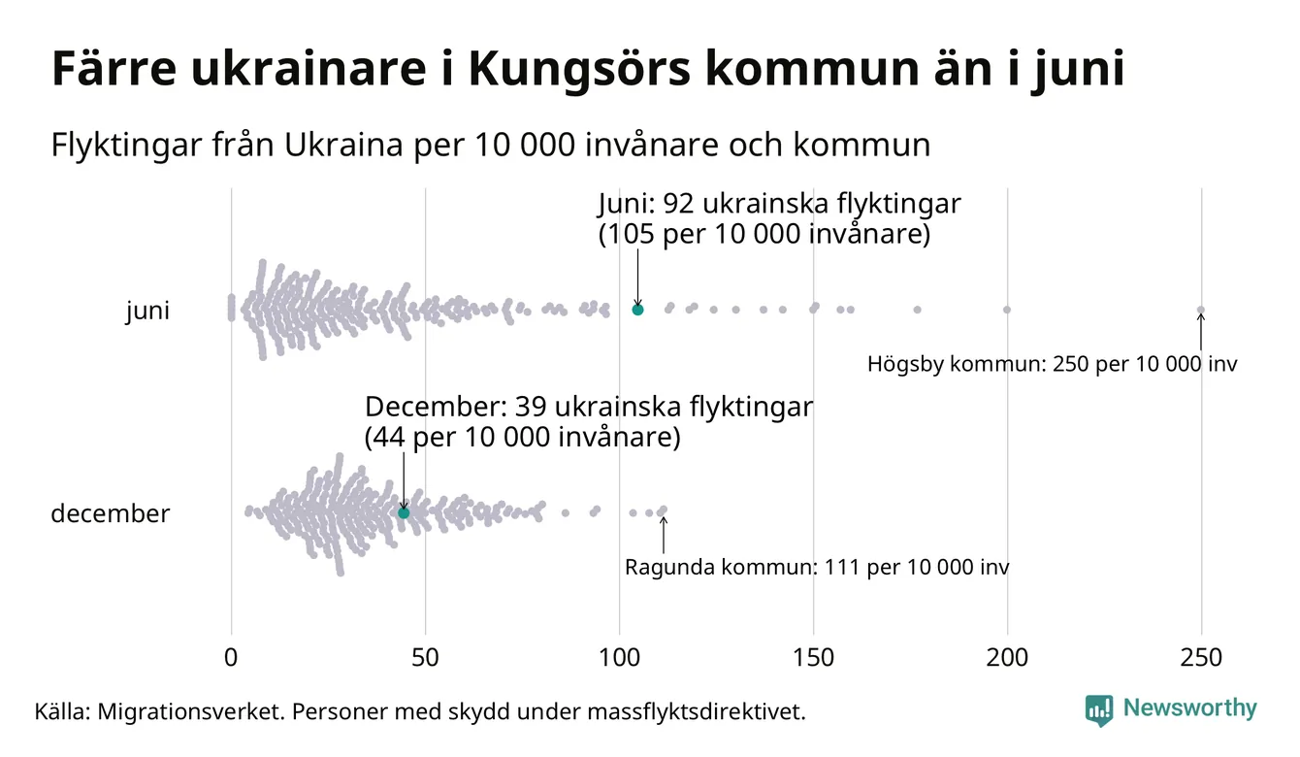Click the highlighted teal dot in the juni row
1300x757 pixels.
[637, 310]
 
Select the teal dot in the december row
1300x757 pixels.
[404, 512]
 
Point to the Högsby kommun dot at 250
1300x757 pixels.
[1201, 311]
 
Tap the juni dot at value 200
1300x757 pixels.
[1007, 310]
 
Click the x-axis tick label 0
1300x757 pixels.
[231, 658]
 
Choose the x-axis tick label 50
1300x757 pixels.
[425, 658]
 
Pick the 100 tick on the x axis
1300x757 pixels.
[619, 658]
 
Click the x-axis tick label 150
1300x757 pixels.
[813, 658]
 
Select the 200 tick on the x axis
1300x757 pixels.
[1007, 658]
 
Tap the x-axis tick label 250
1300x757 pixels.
[1201, 658]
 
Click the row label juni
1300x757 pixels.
[147, 312]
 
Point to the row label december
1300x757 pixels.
[110, 513]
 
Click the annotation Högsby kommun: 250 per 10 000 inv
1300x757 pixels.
[1052, 366]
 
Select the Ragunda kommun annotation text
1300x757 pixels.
[816, 568]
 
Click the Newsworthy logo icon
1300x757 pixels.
[1098, 709]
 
